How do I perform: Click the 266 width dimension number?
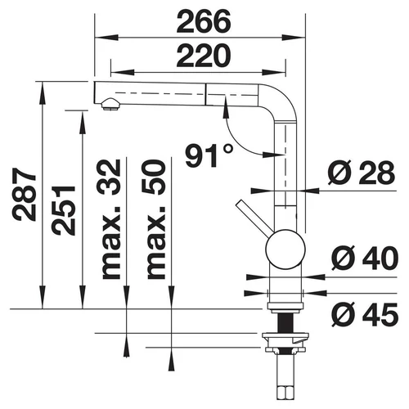204,21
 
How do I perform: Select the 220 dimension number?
204,56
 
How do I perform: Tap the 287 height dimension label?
25,194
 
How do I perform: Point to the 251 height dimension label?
63,210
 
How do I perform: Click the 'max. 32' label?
111,219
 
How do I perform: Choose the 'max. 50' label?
156,219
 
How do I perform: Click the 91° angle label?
209,155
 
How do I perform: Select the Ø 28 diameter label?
362,173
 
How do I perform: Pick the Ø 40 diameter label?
365,258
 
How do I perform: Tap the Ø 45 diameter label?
365,315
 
